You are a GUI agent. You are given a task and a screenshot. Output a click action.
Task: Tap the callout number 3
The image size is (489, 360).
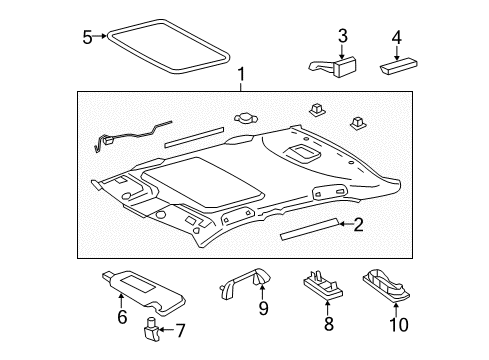click(342, 37)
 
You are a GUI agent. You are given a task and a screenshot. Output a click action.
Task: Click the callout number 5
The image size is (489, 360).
click(87, 37)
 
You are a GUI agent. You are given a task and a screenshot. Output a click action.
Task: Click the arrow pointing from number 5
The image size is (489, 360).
click(101, 37)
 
